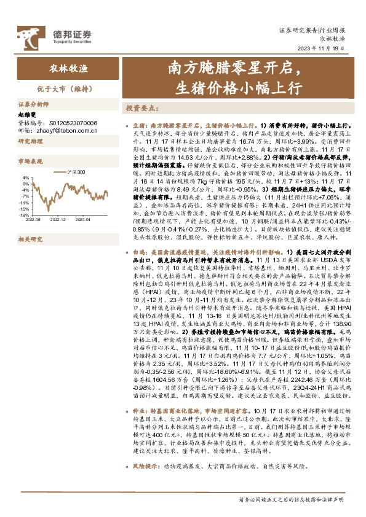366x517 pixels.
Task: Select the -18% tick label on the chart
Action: coord(26,198)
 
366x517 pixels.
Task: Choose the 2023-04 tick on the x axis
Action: coord(82,201)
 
